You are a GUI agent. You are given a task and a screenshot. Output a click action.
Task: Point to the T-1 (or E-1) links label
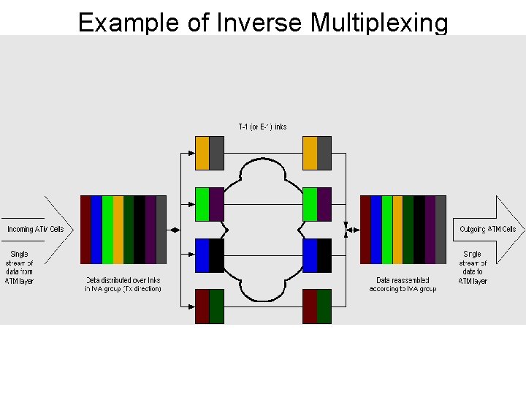[262, 127]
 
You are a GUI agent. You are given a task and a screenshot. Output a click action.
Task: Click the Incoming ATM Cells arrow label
[36, 229]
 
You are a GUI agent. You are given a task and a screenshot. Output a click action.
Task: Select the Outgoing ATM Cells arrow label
[487, 229]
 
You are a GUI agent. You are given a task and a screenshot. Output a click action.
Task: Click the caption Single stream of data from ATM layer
[19, 267]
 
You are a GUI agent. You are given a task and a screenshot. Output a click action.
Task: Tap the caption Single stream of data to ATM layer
[473, 267]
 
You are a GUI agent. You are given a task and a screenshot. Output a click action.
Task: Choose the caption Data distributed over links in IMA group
[123, 285]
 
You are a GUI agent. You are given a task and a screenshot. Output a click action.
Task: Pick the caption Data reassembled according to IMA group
[403, 285]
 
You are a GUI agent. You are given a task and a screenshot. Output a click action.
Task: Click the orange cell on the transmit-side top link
[202, 153]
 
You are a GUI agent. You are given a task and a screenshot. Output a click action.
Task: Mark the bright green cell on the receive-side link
[310, 204]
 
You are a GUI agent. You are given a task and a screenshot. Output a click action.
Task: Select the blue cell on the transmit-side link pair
[202, 255]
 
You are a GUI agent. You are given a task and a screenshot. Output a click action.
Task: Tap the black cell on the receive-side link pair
[324, 255]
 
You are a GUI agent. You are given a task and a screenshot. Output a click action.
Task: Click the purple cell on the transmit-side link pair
[216, 204]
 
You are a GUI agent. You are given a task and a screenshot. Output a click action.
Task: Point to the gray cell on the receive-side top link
[324, 153]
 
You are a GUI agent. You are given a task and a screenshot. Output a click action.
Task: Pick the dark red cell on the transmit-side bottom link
[202, 306]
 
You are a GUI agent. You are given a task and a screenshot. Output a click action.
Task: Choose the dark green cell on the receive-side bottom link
[324, 306]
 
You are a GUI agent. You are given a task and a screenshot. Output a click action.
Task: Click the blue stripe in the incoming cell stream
[96, 230]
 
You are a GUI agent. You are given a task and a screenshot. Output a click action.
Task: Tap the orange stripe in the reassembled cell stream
[398, 230]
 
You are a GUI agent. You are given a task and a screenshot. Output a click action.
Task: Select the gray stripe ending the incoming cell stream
[161, 230]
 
